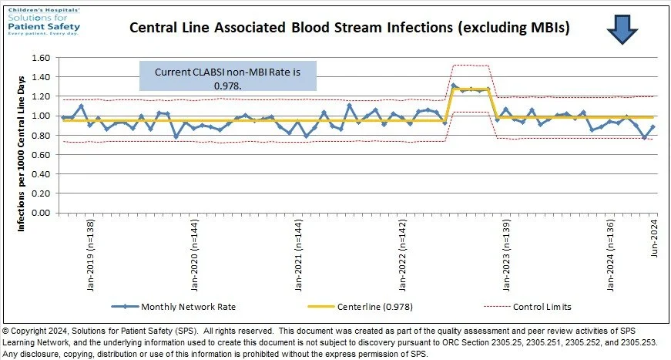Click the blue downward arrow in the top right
622,28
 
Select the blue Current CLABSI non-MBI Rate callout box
229,78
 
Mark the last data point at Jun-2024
653,127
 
